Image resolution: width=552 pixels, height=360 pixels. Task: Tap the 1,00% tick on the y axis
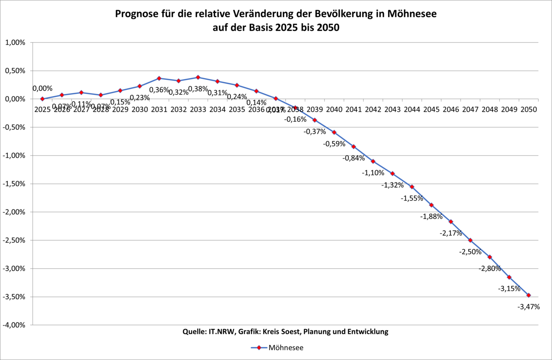click(16, 43)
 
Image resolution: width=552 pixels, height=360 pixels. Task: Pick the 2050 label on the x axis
click(528, 110)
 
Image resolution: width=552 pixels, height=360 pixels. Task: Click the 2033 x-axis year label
click(198, 110)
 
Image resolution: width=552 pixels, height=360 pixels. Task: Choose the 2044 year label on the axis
click(412, 110)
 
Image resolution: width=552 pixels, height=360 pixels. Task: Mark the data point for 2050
click(528, 295)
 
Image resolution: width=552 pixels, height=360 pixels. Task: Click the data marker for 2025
click(42, 99)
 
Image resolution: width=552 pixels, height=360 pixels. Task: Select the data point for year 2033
click(198, 77)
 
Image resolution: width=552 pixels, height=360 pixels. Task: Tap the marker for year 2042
click(373, 161)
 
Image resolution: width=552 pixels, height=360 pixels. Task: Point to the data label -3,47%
click(528, 307)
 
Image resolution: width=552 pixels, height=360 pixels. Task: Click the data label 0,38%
click(198, 89)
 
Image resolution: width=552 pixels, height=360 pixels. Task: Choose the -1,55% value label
click(412, 198)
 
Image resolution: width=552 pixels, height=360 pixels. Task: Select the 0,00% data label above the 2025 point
click(42, 89)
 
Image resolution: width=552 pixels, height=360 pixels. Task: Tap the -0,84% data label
click(354, 158)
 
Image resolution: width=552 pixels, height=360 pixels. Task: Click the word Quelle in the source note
click(192, 331)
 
